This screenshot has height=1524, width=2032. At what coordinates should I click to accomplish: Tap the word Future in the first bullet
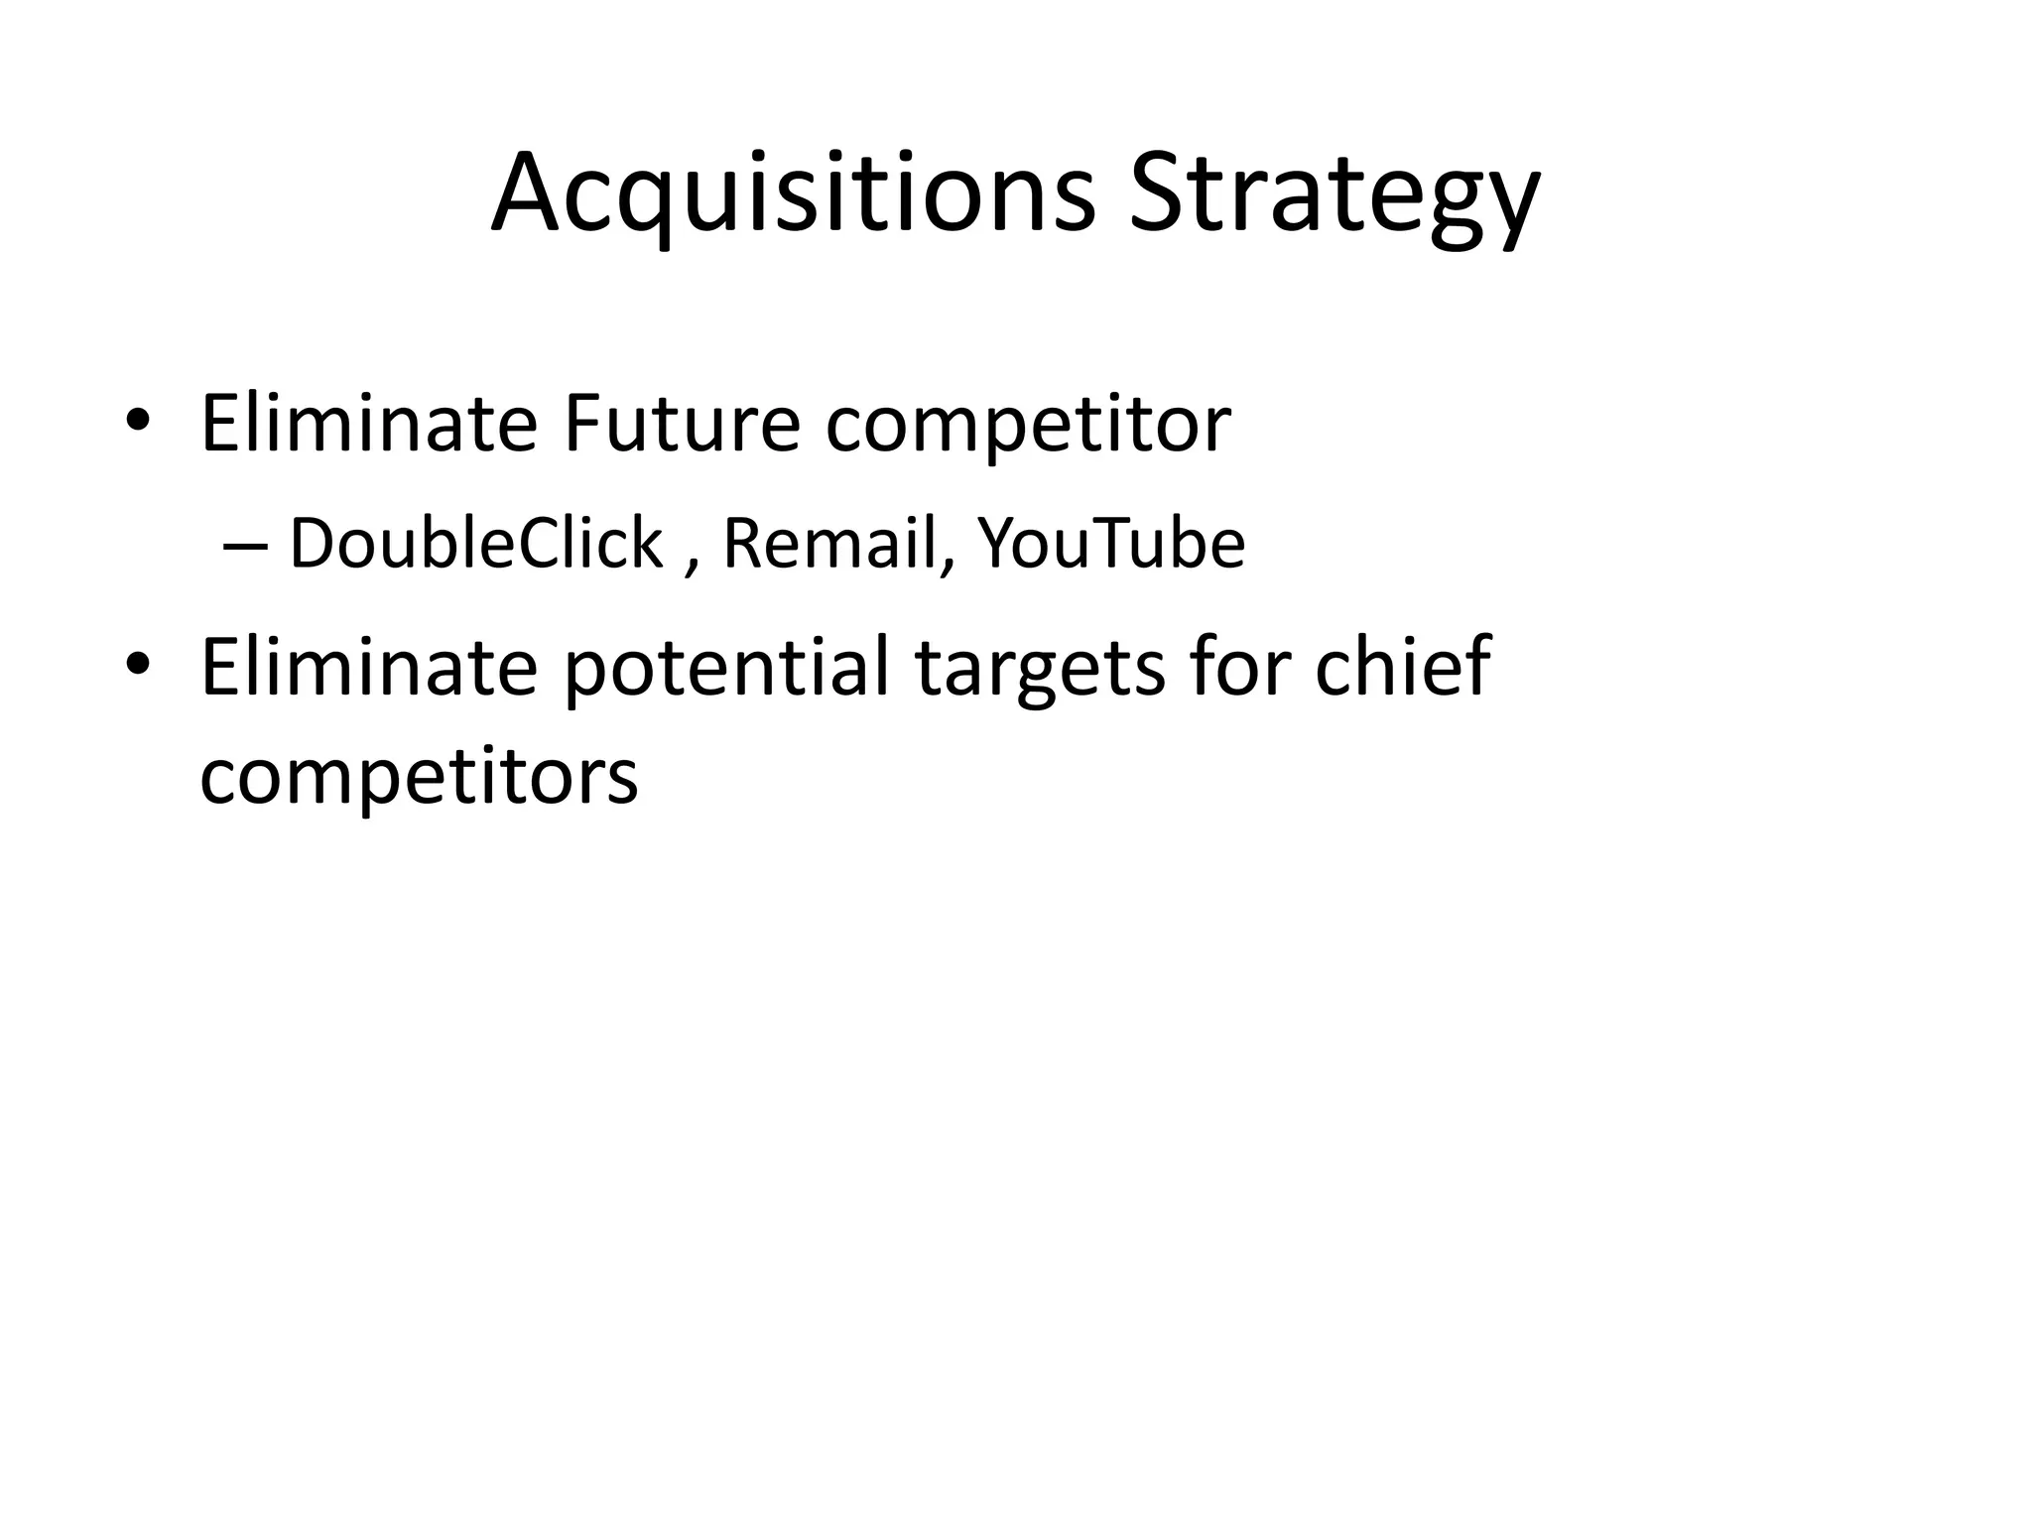click(681, 425)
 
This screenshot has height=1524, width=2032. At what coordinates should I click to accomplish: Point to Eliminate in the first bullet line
click(368, 425)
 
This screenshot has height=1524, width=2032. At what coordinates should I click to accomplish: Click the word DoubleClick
click(475, 544)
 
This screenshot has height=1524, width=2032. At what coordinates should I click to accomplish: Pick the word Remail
click(829, 544)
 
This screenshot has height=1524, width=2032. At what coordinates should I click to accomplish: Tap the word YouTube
click(1111, 544)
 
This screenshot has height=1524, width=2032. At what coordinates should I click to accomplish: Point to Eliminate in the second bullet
click(368, 667)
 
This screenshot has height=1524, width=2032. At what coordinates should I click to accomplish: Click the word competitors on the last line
click(419, 776)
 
